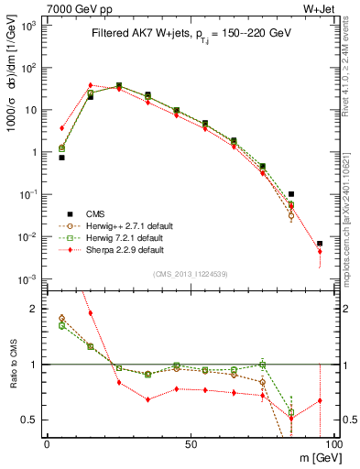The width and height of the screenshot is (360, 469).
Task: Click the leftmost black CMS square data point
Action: (61, 158)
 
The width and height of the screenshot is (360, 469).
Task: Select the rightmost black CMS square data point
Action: (320, 245)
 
